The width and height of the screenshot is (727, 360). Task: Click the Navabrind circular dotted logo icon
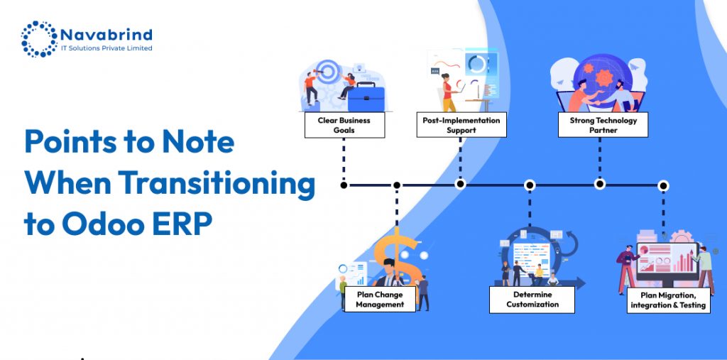point(38,39)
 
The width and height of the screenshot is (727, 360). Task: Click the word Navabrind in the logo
point(106,34)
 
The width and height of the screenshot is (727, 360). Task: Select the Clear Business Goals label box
point(344,125)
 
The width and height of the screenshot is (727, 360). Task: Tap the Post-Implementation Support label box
point(461,125)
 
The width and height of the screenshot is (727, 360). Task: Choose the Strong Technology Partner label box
point(603,125)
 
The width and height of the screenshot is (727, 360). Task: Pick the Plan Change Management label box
point(380,299)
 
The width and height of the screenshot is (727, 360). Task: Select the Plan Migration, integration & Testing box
point(667,300)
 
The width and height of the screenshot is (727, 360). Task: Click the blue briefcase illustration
point(366,94)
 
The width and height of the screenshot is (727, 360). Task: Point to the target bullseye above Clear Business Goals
point(326,70)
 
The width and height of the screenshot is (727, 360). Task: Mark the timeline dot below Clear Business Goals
point(344,185)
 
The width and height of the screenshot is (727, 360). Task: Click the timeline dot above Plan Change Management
point(396,185)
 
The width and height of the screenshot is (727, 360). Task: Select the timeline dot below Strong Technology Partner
point(600,185)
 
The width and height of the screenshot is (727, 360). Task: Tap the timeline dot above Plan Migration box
point(663,185)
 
